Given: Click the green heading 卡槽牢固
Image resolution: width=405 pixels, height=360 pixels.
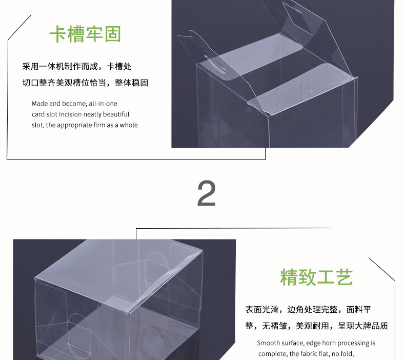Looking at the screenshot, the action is click(85, 34).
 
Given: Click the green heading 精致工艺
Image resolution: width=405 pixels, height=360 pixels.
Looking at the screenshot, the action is click(316, 277).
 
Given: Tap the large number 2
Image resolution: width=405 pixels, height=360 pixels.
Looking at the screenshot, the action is click(207, 193).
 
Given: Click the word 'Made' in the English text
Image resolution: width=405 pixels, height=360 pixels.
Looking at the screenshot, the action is click(40, 104).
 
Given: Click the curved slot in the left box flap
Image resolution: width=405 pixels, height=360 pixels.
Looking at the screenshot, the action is click(214, 64).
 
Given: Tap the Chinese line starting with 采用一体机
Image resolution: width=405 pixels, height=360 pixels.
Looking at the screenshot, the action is click(77, 67).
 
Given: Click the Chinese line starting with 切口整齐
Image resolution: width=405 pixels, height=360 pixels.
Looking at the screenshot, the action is click(85, 83).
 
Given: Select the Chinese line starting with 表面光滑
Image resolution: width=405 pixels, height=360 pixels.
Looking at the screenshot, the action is click(308, 309).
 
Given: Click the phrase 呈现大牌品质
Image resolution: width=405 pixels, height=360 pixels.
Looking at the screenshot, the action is click(362, 326).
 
